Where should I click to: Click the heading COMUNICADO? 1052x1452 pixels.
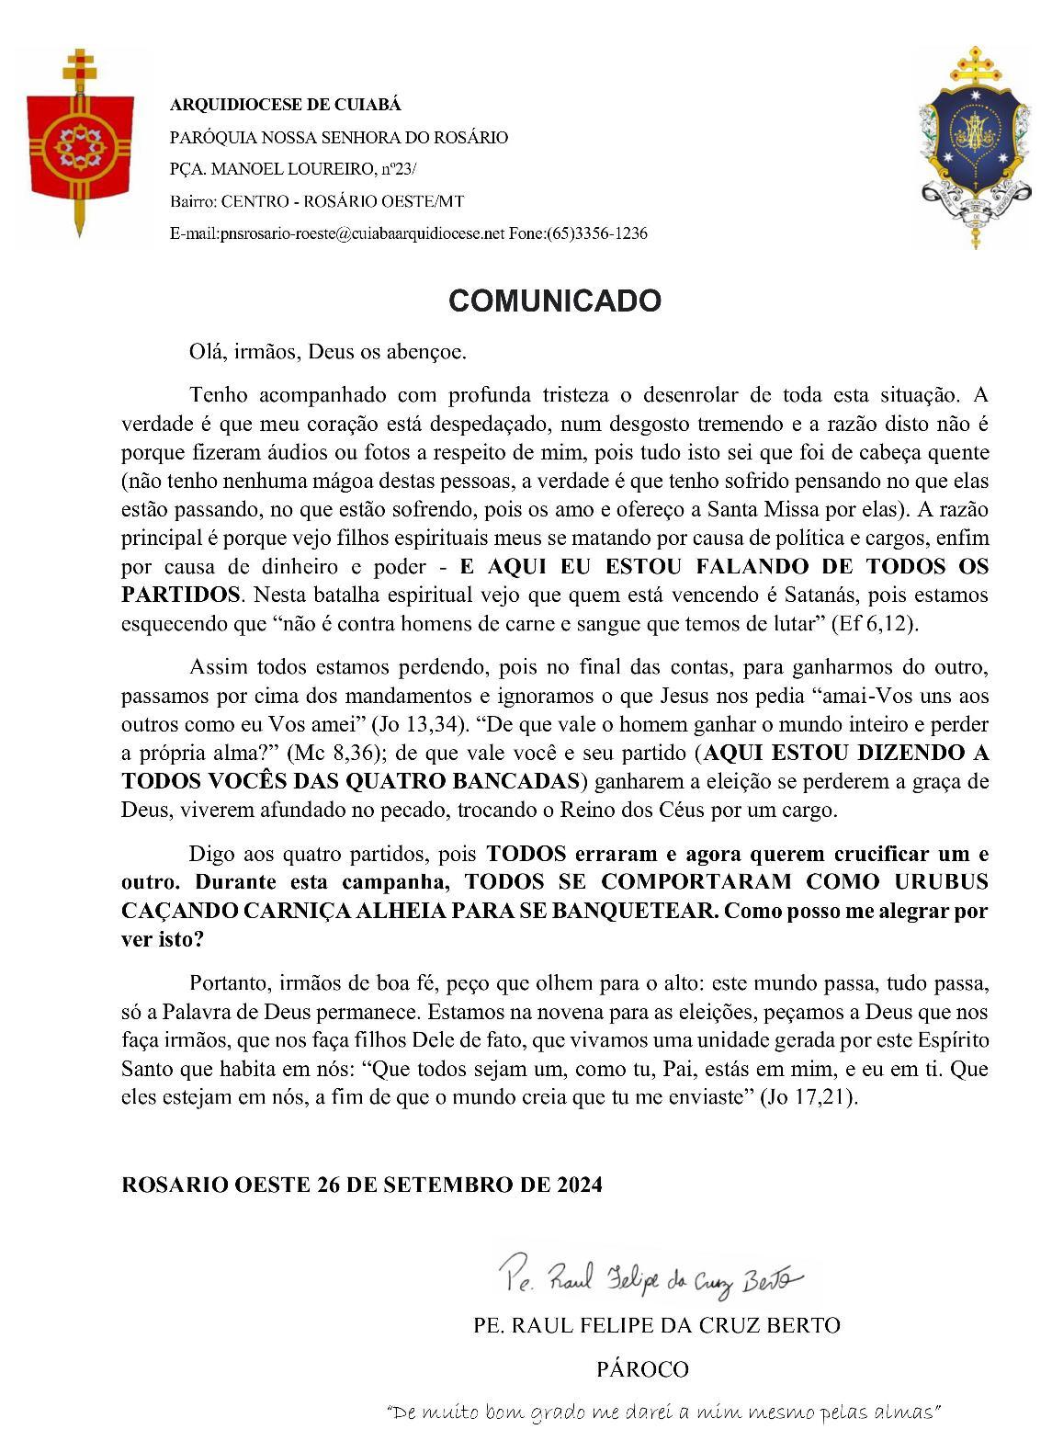click(554, 301)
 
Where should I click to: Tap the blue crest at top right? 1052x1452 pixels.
click(974, 147)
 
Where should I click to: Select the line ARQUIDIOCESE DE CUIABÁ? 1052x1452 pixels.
click(286, 105)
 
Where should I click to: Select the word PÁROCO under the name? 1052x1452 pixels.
click(642, 1369)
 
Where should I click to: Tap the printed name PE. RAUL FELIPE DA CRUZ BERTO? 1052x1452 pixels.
click(656, 1325)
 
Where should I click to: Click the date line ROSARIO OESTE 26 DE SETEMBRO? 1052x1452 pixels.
click(362, 1185)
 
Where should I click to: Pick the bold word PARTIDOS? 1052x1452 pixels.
click(180, 595)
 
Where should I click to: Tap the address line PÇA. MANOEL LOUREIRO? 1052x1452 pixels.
click(293, 169)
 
